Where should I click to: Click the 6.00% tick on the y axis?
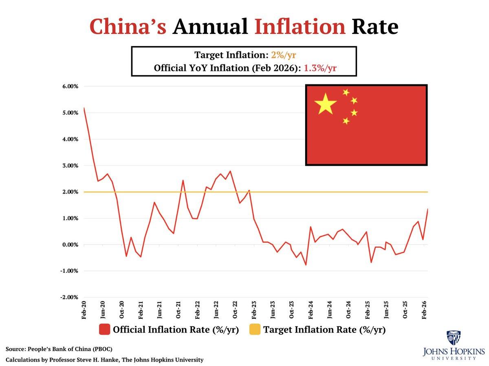tap(70, 86)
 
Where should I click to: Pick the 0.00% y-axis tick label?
tap(70, 245)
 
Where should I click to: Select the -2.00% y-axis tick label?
tap(69, 298)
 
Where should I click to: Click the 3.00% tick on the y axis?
tap(70, 165)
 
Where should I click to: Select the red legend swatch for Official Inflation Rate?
tap(104, 329)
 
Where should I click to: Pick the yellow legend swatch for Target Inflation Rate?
tap(255, 329)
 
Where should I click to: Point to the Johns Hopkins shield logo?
tap(453, 338)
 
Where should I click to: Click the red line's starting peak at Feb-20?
tap(84, 108)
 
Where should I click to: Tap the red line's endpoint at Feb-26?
tap(427, 209)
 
